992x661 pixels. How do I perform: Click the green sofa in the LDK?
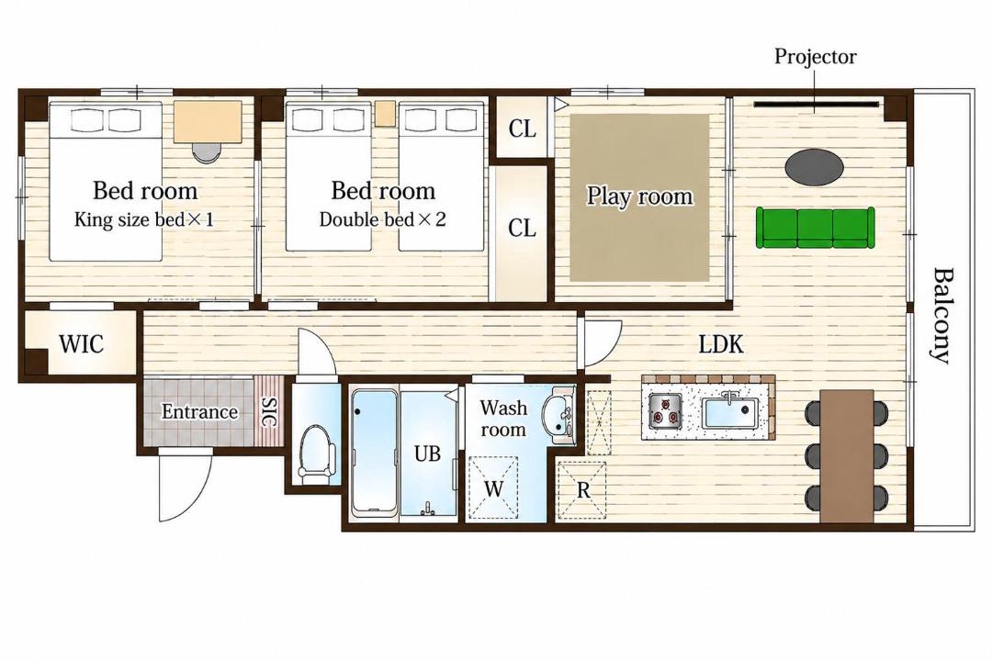click(x=816, y=227)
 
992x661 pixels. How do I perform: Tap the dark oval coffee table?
click(x=814, y=167)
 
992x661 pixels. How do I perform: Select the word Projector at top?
click(x=816, y=57)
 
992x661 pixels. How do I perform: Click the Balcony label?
click(x=943, y=316)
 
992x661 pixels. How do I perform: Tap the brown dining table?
click(x=847, y=455)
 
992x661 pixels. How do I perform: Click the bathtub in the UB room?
click(x=375, y=451)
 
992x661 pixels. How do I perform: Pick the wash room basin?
click(x=559, y=417)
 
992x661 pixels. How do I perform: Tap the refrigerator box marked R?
click(x=582, y=489)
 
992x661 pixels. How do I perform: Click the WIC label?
click(x=81, y=345)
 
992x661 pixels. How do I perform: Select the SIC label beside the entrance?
click(x=268, y=412)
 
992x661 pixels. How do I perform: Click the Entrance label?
click(x=199, y=412)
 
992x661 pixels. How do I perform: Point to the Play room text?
click(x=639, y=196)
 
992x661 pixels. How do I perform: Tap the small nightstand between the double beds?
click(x=385, y=113)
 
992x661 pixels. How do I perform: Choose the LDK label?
click(x=721, y=345)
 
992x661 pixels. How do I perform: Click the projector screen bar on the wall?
click(x=817, y=104)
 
